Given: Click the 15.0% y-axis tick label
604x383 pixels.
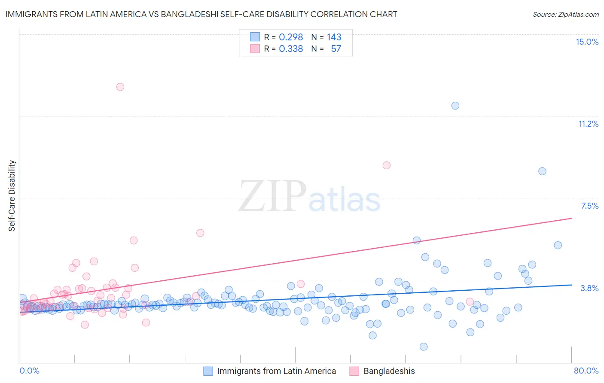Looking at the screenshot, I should [587, 42].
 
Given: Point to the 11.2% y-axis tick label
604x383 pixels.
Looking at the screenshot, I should [588, 124].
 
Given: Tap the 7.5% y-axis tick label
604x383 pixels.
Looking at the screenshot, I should [589, 206].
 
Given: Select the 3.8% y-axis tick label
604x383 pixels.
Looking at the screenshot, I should [589, 288].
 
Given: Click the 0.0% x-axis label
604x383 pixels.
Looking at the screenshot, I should [29, 371].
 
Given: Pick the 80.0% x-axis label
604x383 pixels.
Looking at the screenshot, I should [586, 371].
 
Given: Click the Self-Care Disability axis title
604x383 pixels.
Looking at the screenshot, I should [12, 196].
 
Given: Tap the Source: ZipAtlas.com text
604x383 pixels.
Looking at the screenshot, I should [565, 14].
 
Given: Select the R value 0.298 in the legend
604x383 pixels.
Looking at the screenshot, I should [291, 37].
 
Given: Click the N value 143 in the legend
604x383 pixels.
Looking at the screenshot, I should [334, 37].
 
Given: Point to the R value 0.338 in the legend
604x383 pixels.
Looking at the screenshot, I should [291, 49].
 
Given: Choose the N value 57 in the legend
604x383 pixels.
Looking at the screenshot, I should [336, 49].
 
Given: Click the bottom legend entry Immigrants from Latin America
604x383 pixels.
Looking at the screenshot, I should [276, 371].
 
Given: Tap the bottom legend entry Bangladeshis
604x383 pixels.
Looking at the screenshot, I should [389, 371].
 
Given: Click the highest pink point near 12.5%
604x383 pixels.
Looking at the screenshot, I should [120, 87].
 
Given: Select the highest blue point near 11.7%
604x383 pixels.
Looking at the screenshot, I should [455, 106].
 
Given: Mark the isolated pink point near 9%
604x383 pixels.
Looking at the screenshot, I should [387, 165].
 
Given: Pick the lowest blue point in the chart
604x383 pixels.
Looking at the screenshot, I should [424, 347].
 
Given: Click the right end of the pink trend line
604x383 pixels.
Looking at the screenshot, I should [571, 218].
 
